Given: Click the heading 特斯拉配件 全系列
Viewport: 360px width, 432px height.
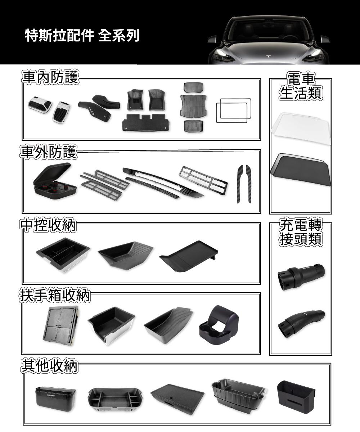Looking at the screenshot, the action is pos(82,35).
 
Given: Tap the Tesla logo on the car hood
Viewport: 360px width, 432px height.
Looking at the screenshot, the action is pos(269,57).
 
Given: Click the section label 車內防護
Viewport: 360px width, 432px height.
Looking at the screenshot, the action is pos(50,77).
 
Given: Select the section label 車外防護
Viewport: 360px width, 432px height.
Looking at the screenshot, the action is pos(48,152).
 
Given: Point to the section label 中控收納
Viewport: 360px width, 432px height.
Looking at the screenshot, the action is pos(48,225).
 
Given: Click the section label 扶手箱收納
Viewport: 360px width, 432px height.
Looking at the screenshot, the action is pos(55,295).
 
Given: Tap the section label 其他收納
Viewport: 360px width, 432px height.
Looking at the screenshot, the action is pos(49,366).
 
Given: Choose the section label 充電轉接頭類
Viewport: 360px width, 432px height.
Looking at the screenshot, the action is pos(301,232).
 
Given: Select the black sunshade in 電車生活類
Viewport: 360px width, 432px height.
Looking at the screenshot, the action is pos(301,170).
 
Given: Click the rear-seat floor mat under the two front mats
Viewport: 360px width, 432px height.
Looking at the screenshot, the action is pos(146,122).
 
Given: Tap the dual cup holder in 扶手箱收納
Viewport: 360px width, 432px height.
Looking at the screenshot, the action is pos(219,324).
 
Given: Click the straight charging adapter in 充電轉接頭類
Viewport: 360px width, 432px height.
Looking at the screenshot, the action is pos(301,277).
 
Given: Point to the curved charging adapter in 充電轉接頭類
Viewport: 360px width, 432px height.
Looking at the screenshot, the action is pos(301,324).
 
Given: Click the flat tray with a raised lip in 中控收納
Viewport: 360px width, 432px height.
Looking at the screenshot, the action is pos(189,256).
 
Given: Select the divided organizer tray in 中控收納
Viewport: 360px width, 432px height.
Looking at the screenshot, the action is pos(63,255).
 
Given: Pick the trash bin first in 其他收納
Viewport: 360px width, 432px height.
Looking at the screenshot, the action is pos(55,399).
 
